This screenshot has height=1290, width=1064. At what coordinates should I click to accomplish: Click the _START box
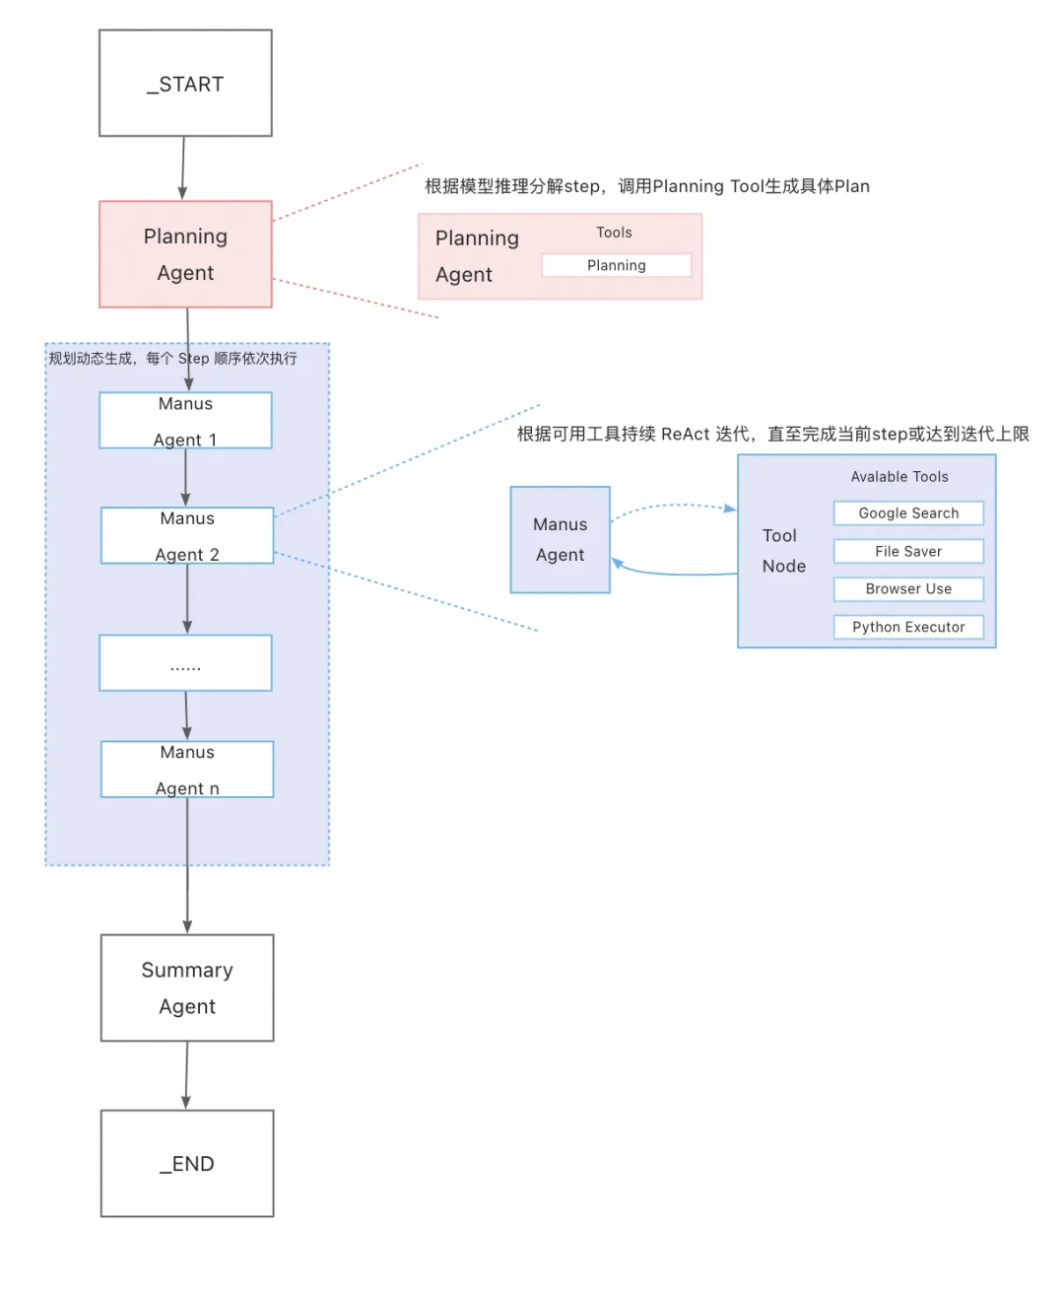[185, 83]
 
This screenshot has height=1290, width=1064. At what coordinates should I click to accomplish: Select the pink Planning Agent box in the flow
[185, 254]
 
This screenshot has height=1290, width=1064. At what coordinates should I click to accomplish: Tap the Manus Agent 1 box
[185, 421]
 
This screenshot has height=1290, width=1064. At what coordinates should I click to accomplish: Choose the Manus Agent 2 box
[187, 535]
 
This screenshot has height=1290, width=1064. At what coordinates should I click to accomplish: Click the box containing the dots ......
[185, 663]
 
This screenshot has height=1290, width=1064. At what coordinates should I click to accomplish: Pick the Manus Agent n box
[187, 769]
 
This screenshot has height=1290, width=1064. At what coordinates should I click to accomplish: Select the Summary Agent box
[187, 987]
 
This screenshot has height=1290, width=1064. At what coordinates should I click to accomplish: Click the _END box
[187, 1163]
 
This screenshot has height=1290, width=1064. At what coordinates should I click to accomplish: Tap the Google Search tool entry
[908, 513]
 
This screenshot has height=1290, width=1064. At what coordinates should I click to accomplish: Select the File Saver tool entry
[908, 551]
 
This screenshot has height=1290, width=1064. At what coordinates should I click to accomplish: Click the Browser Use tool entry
[908, 589]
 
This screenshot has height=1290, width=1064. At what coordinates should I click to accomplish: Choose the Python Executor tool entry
[908, 627]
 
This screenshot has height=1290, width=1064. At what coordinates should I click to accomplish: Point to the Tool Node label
[783, 551]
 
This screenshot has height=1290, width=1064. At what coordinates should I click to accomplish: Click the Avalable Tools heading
[899, 477]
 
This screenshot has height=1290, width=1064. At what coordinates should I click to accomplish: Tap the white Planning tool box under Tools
[617, 265]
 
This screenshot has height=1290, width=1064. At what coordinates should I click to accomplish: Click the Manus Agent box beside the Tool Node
[560, 539]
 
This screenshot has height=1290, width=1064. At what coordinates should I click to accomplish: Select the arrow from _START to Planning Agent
[183, 168]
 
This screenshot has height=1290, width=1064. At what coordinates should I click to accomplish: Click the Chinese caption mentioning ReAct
[772, 435]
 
